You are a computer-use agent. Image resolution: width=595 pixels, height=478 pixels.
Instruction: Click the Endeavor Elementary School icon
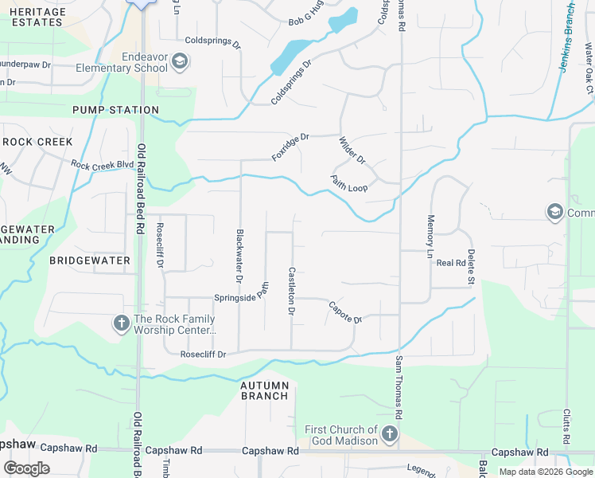[x=180, y=61]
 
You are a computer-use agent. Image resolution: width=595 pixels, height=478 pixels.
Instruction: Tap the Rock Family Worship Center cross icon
[x=121, y=323]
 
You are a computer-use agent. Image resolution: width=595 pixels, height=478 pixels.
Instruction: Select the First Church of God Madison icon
[x=389, y=435]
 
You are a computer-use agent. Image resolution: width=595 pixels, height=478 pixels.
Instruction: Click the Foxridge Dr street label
[x=290, y=147]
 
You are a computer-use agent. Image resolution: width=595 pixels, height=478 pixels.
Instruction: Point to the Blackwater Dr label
[x=239, y=257]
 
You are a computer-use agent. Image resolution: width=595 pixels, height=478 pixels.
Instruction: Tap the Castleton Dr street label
[x=292, y=292]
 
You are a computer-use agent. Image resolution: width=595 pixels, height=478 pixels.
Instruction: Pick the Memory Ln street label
[x=430, y=237]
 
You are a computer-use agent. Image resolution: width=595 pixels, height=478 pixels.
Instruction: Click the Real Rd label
[x=450, y=262]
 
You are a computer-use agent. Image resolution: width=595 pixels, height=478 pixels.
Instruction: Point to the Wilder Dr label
[x=352, y=151]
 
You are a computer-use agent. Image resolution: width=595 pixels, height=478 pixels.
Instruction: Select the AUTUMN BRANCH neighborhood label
[x=265, y=390]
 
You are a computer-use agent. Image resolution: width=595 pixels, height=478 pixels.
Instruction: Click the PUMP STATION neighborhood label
[x=115, y=110]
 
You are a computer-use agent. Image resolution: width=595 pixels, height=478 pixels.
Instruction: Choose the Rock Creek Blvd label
[x=103, y=166]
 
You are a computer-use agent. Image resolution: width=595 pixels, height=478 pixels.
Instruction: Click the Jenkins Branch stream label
[x=567, y=37]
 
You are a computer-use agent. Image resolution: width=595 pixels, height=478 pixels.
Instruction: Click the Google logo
[x=26, y=468]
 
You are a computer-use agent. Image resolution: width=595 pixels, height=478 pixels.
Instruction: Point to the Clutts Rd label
[x=567, y=428]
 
